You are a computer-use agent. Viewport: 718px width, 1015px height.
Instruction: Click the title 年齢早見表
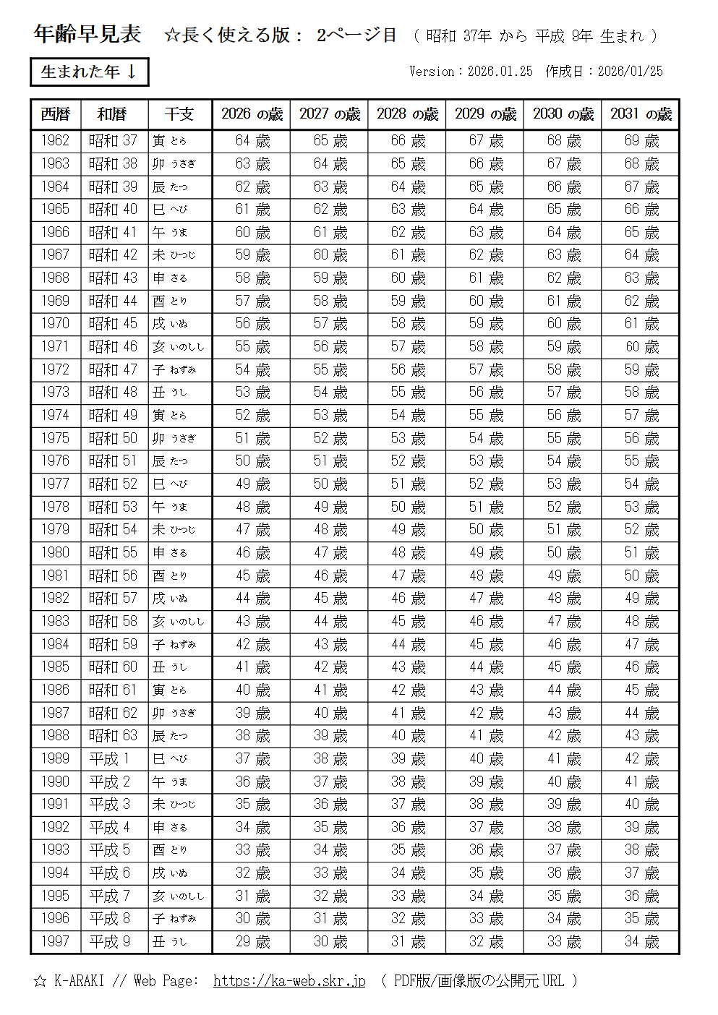click(87, 34)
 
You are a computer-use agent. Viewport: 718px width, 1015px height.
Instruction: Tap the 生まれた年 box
click(89, 72)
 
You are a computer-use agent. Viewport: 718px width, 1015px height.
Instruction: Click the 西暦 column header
click(55, 114)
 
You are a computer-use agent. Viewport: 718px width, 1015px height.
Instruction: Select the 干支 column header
click(179, 114)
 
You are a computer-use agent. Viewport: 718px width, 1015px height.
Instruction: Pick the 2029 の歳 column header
click(485, 114)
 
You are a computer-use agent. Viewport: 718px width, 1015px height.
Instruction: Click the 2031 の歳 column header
click(641, 114)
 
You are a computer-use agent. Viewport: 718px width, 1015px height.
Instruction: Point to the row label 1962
click(55, 140)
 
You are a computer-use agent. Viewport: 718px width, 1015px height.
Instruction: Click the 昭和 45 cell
click(112, 323)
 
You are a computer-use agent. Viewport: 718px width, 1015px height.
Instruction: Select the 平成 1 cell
click(109, 758)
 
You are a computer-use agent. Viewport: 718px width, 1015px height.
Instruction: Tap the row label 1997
click(55, 941)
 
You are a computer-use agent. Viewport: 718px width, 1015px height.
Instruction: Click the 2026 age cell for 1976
click(252, 461)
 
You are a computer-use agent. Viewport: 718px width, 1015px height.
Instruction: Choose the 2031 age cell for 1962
click(641, 140)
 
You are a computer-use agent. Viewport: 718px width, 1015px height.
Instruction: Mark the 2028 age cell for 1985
click(408, 667)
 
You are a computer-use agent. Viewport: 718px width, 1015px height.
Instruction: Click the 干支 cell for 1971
click(179, 347)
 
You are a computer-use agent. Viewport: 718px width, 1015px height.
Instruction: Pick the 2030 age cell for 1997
click(564, 941)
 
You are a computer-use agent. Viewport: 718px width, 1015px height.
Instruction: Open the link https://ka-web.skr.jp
click(289, 981)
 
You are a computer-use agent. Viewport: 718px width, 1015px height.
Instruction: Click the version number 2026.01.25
click(500, 71)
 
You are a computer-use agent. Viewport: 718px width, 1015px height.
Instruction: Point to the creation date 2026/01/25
click(630, 71)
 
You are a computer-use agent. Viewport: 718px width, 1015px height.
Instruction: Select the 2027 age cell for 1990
click(330, 781)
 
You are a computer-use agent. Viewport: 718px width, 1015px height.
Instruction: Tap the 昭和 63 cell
click(112, 735)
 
